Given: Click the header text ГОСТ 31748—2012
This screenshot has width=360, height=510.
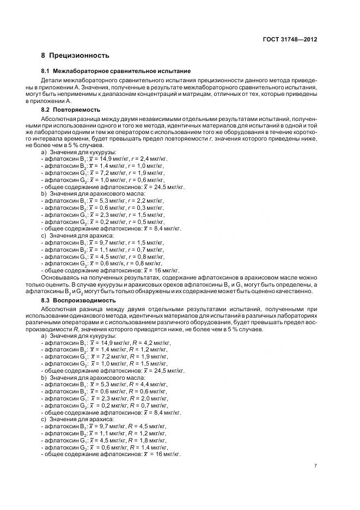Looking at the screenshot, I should pos(290,40).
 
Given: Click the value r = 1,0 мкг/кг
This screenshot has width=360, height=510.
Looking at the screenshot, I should pos(138,165).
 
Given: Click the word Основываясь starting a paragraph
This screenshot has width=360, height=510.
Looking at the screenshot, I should pos(61,278).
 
